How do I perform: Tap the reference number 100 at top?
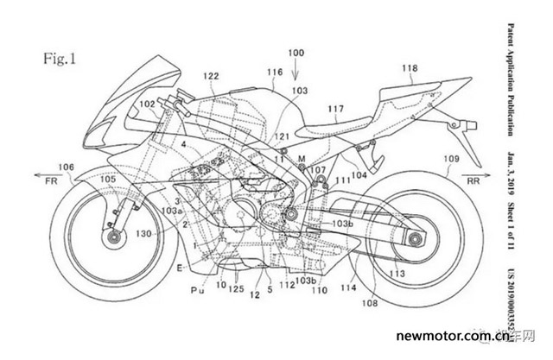296,54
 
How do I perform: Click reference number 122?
210,78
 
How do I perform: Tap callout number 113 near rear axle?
396,274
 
